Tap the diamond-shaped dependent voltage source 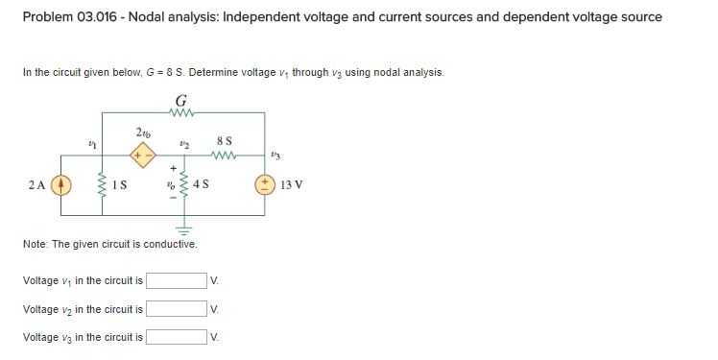141,154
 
